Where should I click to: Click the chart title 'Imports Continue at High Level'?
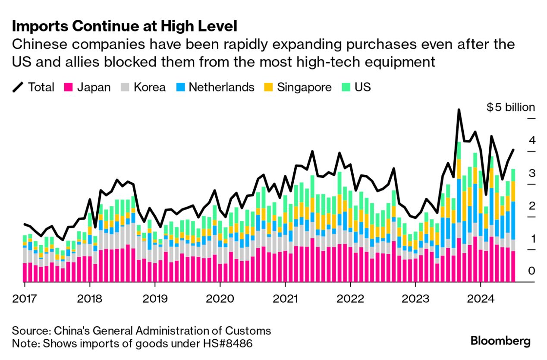pyautogui.click(x=125, y=27)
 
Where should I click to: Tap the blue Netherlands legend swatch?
pyautogui.click(x=180, y=87)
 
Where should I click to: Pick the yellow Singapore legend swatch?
pyautogui.click(x=268, y=87)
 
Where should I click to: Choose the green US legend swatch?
pyautogui.click(x=346, y=87)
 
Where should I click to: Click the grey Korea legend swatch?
pyautogui.click(x=125, y=87)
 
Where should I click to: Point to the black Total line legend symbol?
pyautogui.click(x=18, y=87)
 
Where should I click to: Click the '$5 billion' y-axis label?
pyautogui.click(x=510, y=107)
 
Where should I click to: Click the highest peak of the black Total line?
pyautogui.click(x=459, y=110)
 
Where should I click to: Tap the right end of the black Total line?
pyautogui.click(x=513, y=150)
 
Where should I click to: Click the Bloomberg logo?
pyautogui.click(x=500, y=341)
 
